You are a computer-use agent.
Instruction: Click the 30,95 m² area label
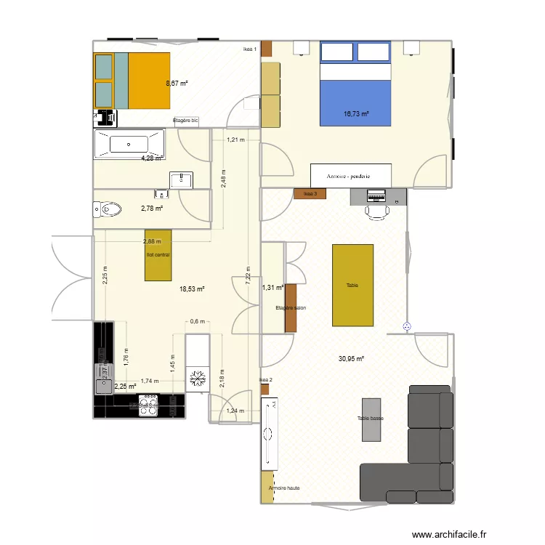click(x=351, y=358)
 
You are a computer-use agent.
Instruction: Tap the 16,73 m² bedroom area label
click(x=356, y=114)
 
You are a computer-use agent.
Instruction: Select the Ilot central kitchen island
click(x=158, y=255)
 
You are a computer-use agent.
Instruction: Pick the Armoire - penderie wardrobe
click(x=351, y=176)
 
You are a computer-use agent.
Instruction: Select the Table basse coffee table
click(x=371, y=419)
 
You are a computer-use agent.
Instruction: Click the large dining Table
click(x=353, y=285)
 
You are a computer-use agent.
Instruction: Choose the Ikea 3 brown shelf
click(x=310, y=193)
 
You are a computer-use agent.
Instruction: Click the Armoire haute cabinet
click(x=268, y=488)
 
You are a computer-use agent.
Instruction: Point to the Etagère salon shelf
click(x=291, y=308)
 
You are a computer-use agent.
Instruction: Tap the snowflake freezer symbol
click(x=195, y=379)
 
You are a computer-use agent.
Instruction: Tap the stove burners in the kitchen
click(x=148, y=405)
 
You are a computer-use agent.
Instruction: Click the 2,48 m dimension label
click(x=224, y=176)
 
